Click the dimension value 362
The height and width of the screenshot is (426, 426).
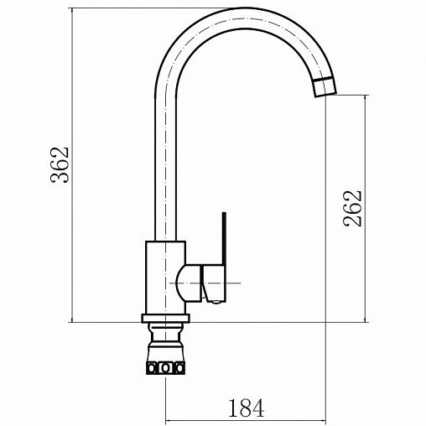point(58,165)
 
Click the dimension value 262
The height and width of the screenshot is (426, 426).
point(352,207)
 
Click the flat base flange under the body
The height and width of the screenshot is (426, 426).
point(165,318)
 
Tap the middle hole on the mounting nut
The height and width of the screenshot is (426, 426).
point(166,367)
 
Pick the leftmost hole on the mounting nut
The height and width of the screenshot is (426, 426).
point(154,367)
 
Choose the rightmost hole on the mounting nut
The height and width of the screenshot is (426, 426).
point(178,367)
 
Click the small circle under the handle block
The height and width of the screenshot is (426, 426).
point(215,298)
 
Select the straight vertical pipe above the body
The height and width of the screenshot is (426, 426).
point(165,168)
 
